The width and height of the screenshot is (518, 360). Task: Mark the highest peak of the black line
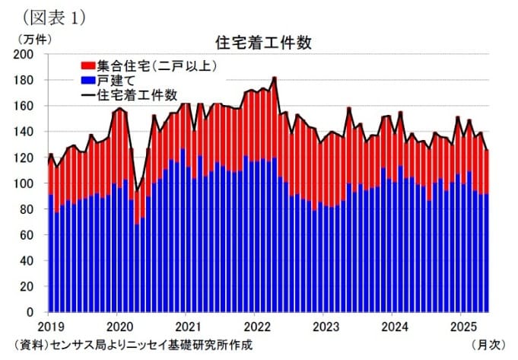click(x=274, y=77)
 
